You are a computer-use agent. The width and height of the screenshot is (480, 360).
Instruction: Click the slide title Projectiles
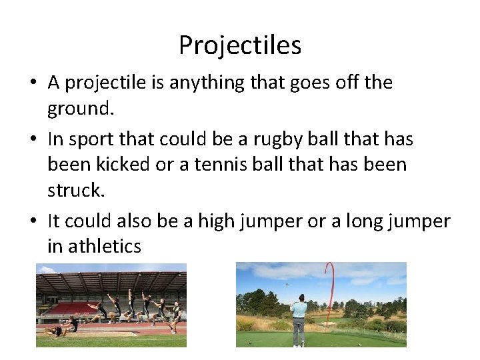tap(240, 45)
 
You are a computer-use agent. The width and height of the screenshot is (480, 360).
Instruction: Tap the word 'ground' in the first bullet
tap(79, 108)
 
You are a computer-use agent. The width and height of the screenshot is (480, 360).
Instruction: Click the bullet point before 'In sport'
tap(33, 140)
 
